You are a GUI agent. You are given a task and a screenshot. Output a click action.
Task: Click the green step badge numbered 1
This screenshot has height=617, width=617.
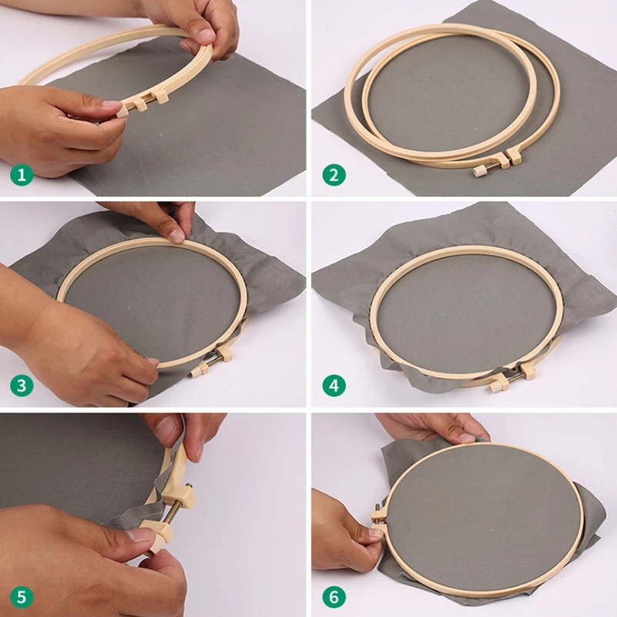click(x=22, y=175)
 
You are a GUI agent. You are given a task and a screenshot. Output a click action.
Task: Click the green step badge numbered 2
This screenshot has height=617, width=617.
click(x=333, y=175)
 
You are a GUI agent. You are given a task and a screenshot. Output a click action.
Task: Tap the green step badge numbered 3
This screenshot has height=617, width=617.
click(x=22, y=384)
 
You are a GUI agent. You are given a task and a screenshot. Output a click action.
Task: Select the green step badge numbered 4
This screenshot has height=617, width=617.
click(x=333, y=384)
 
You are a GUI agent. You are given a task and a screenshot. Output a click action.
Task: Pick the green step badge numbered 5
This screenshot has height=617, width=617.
click(x=22, y=596)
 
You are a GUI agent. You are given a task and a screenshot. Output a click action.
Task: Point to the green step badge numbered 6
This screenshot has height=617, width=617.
click(x=333, y=596)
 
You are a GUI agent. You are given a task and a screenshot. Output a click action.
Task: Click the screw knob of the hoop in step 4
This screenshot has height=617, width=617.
click(x=491, y=383)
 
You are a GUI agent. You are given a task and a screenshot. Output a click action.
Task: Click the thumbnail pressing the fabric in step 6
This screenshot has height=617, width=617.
click(x=468, y=436)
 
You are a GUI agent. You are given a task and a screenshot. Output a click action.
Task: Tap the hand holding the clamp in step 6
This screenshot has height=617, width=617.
click(x=343, y=531)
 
